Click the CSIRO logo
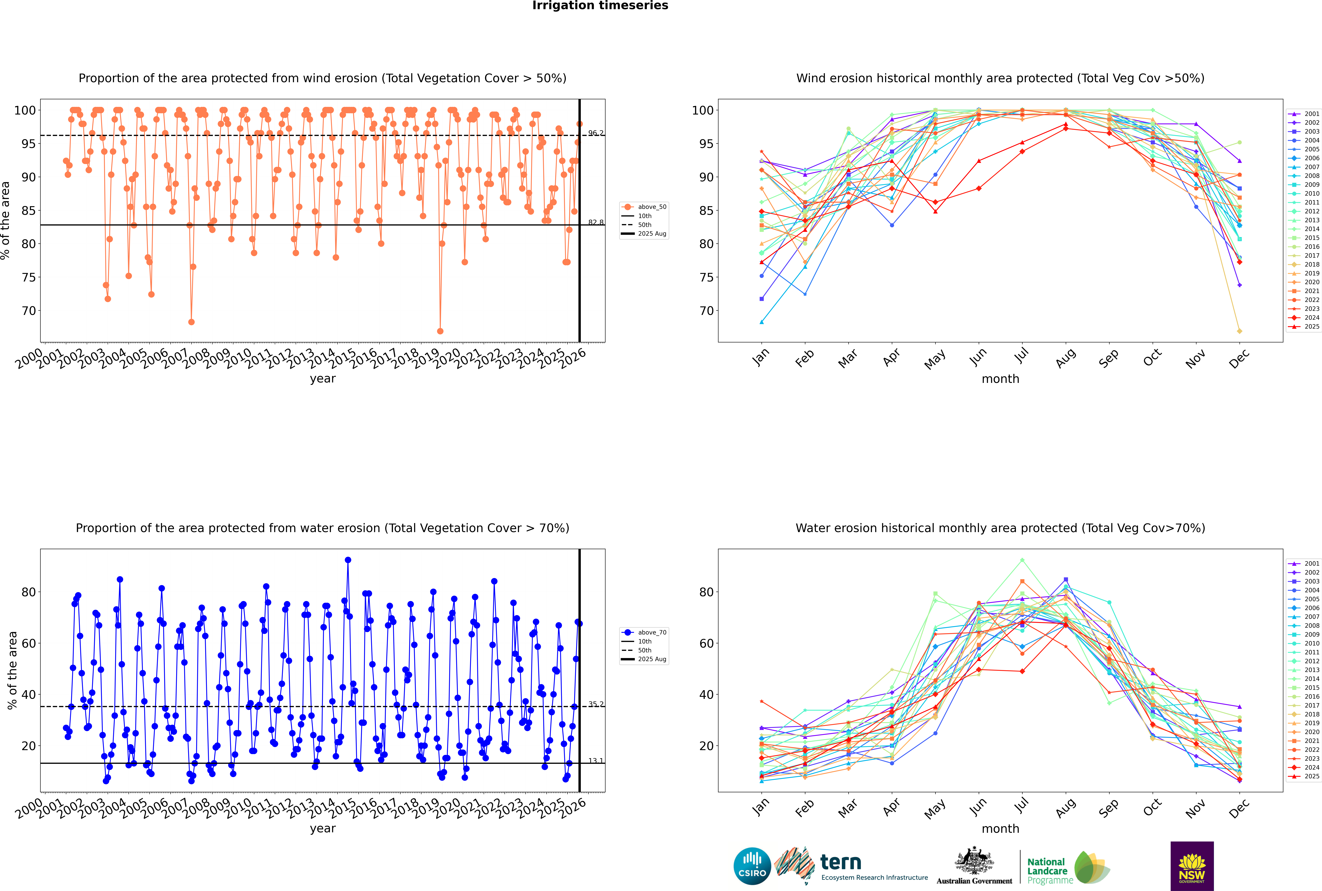click(x=752, y=866)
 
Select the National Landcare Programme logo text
click(x=1047, y=871)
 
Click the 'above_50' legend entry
click(x=651, y=207)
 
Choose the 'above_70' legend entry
click(x=651, y=632)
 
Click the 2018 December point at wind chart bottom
click(x=1240, y=331)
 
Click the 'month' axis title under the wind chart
click(x=1000, y=379)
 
